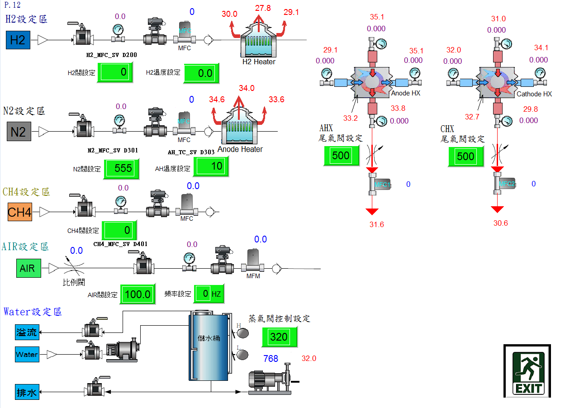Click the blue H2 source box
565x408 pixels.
18,40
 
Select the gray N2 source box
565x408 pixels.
18,132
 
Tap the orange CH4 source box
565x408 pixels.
20,212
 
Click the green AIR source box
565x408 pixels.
28,268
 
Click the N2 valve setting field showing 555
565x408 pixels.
121,169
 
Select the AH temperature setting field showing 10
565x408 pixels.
211,166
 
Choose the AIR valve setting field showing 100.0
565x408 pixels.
138,294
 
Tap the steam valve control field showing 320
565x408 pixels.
279,337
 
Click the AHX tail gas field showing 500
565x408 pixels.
341,156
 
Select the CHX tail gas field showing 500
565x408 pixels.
465,157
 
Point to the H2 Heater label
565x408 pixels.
259,62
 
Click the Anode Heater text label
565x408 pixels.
240,149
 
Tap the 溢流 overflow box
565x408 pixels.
27,332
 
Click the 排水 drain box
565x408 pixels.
27,392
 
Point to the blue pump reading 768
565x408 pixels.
271,359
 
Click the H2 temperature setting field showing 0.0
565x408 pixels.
201,73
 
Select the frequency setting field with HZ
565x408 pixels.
209,294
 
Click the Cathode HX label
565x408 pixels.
534,94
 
